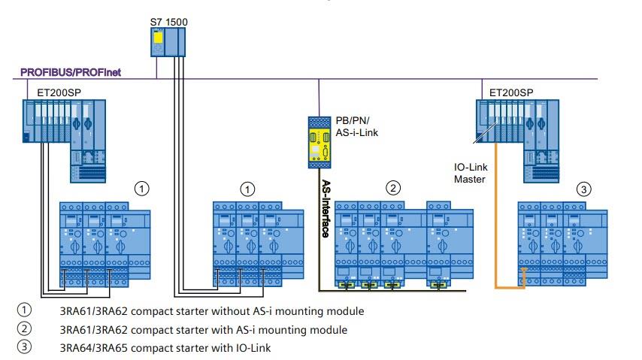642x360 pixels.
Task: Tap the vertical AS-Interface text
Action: tap(326, 208)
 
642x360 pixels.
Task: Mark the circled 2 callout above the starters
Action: tap(392, 187)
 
